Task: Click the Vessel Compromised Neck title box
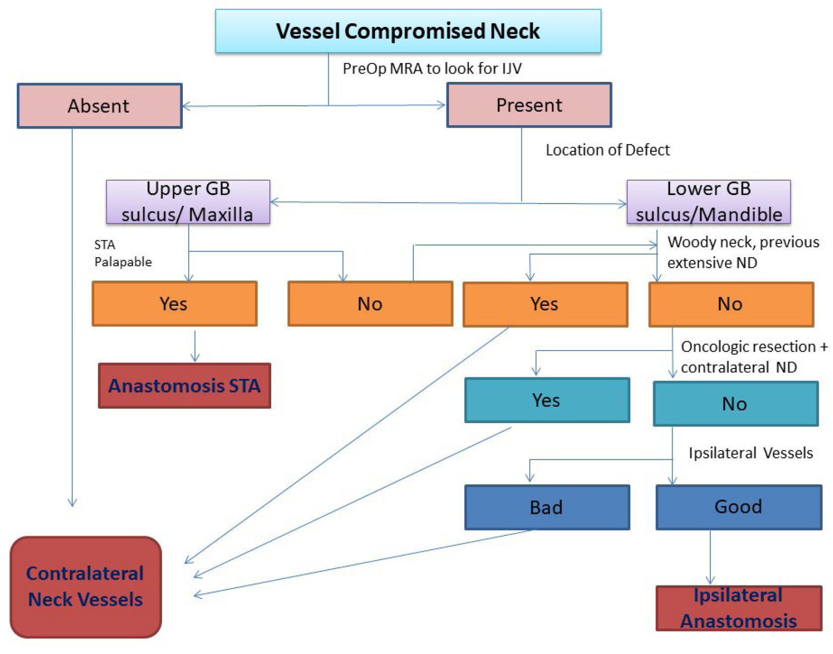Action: pos(408,31)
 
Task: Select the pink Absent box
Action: pos(99,106)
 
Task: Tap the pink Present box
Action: pos(529,105)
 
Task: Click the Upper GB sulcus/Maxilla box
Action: pos(188,202)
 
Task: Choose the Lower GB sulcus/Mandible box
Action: pos(708,202)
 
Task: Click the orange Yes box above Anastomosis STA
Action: pos(174,303)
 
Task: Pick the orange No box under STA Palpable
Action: pos(370,303)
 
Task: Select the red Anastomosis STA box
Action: pos(184,386)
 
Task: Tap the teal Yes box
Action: pos(547,400)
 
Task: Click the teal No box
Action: pos(735,404)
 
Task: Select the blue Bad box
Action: pos(547,508)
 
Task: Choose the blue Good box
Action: pos(739,507)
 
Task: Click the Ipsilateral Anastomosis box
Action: pos(739,608)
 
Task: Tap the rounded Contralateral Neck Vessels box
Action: pos(85,587)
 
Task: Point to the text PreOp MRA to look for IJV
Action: pos(432,69)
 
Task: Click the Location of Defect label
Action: pos(607,150)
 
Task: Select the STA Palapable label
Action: pos(123,253)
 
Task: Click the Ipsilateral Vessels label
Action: pos(750,453)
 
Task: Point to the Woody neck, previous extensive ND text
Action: pos(743,252)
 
